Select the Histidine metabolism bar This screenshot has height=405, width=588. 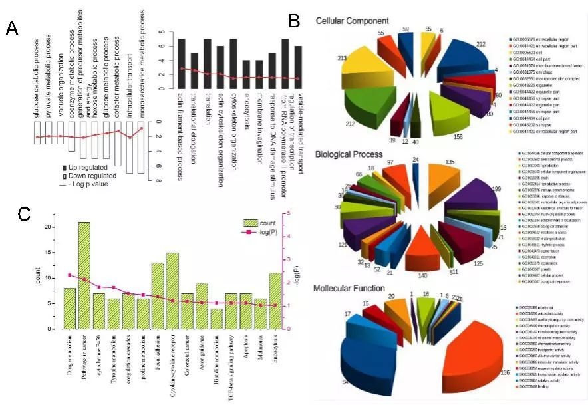point(198,319)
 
